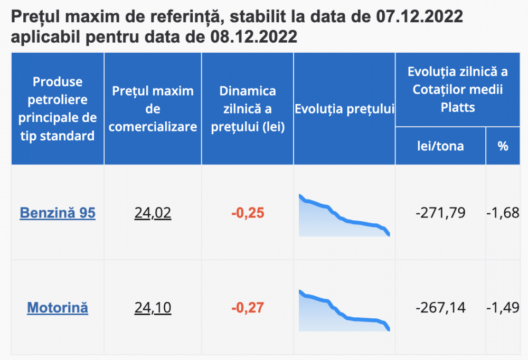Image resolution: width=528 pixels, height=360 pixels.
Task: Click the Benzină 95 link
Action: (x=58, y=213)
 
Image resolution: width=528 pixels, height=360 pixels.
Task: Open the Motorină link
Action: (x=58, y=307)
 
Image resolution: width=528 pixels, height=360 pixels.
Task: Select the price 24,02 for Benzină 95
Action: (x=153, y=213)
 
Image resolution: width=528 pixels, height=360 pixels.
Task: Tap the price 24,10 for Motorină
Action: (x=153, y=307)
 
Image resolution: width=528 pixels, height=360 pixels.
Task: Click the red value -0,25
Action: (x=248, y=213)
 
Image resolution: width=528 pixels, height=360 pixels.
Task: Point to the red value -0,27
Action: (x=248, y=307)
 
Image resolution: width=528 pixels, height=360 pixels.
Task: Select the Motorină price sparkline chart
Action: (x=344, y=311)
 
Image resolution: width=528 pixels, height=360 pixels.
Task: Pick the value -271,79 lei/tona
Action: (x=440, y=213)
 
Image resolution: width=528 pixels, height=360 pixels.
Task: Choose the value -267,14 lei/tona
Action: (x=440, y=307)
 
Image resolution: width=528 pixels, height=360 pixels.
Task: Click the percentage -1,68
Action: (x=503, y=213)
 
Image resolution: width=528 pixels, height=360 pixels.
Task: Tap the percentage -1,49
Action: (x=503, y=307)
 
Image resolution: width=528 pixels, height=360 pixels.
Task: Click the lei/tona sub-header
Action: (x=440, y=146)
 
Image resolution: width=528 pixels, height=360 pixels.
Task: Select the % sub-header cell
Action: (x=503, y=146)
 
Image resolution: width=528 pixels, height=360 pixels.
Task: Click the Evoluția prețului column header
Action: (x=344, y=109)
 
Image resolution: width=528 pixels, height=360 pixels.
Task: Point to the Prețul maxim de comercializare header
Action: (x=153, y=109)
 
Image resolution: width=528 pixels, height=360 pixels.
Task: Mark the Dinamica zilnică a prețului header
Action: (x=248, y=109)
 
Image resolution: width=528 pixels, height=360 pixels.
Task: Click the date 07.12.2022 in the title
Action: (x=420, y=17)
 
